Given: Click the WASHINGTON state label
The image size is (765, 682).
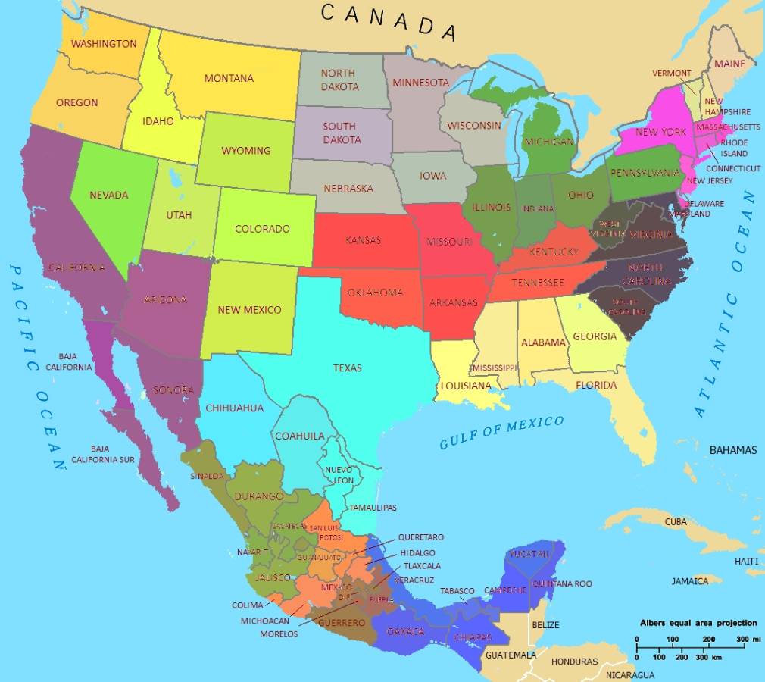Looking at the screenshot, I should [104, 44].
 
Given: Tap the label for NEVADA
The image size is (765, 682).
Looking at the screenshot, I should [109, 195].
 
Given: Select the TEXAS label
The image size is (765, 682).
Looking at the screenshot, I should [347, 368].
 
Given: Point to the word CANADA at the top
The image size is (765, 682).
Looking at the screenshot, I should [389, 20].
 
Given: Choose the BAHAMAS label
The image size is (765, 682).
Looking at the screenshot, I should [732, 450].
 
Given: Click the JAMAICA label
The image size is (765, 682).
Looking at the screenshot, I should [690, 581].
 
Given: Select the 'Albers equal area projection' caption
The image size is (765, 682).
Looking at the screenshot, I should [698, 623].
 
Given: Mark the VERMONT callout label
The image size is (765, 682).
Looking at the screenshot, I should [672, 74].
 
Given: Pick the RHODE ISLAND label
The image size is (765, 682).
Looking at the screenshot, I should [734, 148].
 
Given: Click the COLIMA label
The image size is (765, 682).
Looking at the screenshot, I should [248, 605].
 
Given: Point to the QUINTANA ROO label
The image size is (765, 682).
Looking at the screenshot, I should [562, 584].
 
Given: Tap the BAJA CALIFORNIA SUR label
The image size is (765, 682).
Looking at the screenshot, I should [103, 454].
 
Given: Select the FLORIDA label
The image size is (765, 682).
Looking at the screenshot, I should [596, 385].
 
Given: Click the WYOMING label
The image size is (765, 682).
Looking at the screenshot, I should [245, 150].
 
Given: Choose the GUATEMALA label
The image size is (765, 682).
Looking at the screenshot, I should [511, 655].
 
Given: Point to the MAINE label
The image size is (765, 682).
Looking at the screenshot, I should [730, 64].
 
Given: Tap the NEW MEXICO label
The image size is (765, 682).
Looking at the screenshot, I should [249, 309].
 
